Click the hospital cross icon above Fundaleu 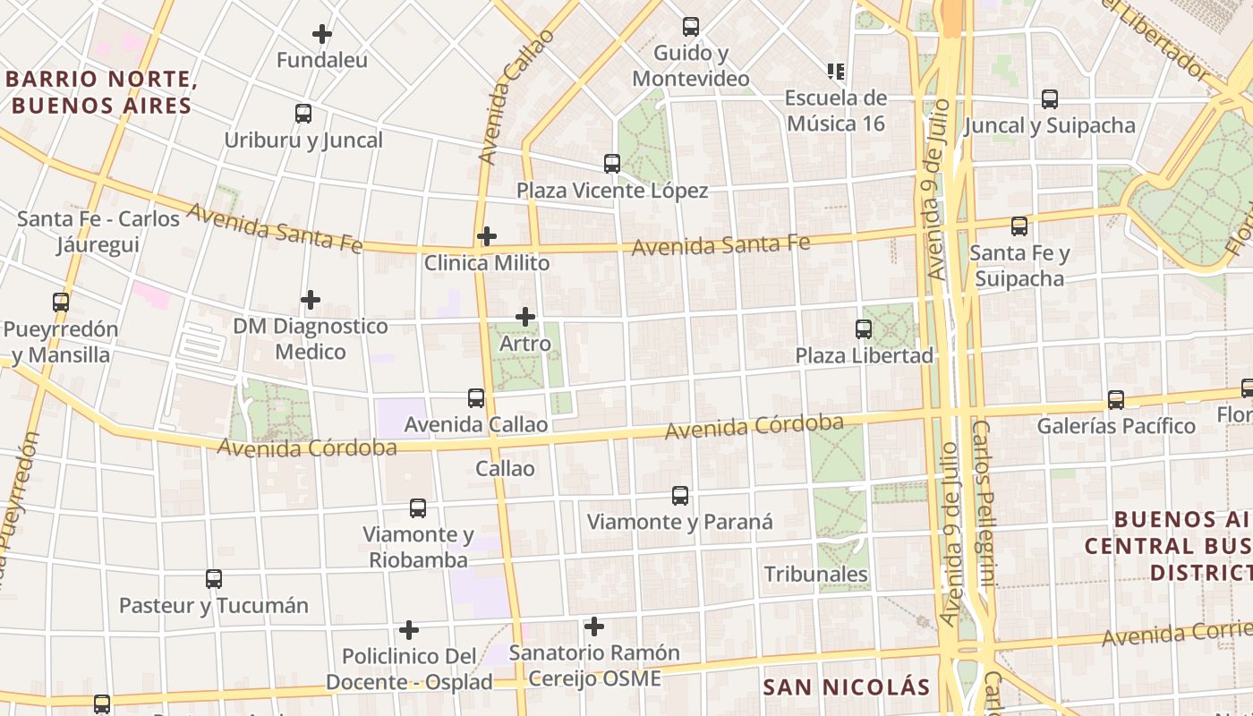(x=322, y=35)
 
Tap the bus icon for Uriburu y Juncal (x=303, y=114)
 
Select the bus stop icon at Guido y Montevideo (x=690, y=27)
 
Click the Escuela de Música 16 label (x=836, y=110)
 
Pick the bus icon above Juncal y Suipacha (x=1050, y=99)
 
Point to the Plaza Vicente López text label (x=612, y=191)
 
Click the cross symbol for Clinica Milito (x=487, y=236)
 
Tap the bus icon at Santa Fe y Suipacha (x=1019, y=226)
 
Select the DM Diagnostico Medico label (x=311, y=338)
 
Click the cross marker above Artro (x=525, y=317)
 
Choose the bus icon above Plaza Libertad (x=864, y=329)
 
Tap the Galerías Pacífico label (x=1116, y=426)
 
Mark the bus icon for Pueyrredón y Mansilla (x=61, y=303)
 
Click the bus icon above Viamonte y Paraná (x=680, y=496)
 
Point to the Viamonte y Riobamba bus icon (x=418, y=508)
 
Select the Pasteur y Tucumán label (x=214, y=606)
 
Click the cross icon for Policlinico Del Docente (x=409, y=630)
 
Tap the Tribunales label (x=815, y=574)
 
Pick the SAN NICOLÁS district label (x=847, y=687)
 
